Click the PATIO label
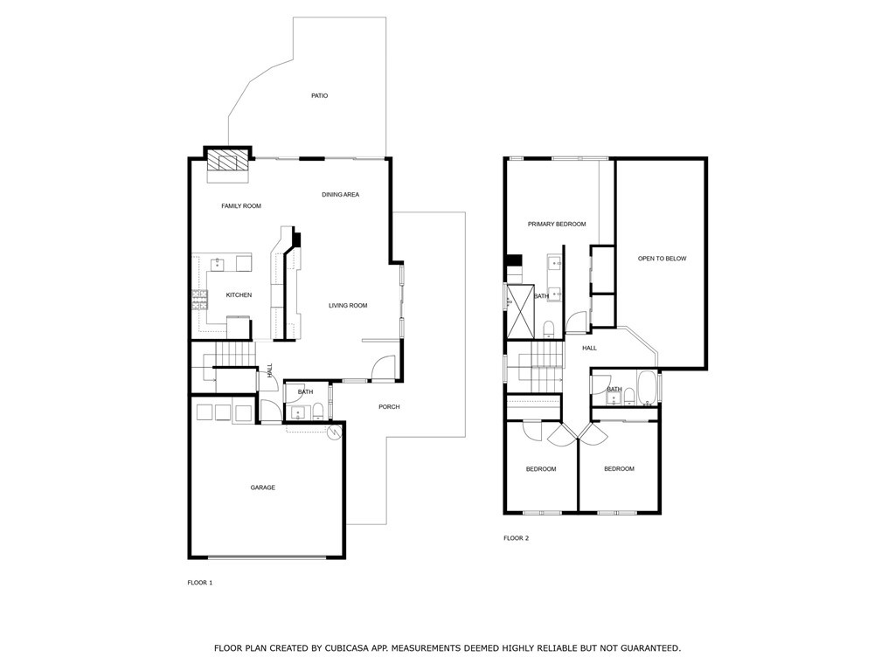point(319,95)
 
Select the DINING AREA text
point(340,195)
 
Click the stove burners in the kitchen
point(200,300)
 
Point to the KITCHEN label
point(239,295)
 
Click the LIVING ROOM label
point(348,306)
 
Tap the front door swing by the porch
point(383,370)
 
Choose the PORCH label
point(389,407)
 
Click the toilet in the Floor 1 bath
point(318,410)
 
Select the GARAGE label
point(263,488)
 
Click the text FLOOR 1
point(200,582)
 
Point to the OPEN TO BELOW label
point(662,259)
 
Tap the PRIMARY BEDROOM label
point(557,225)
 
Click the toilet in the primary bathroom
point(548,328)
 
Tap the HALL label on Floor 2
point(590,348)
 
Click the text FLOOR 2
point(516,538)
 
